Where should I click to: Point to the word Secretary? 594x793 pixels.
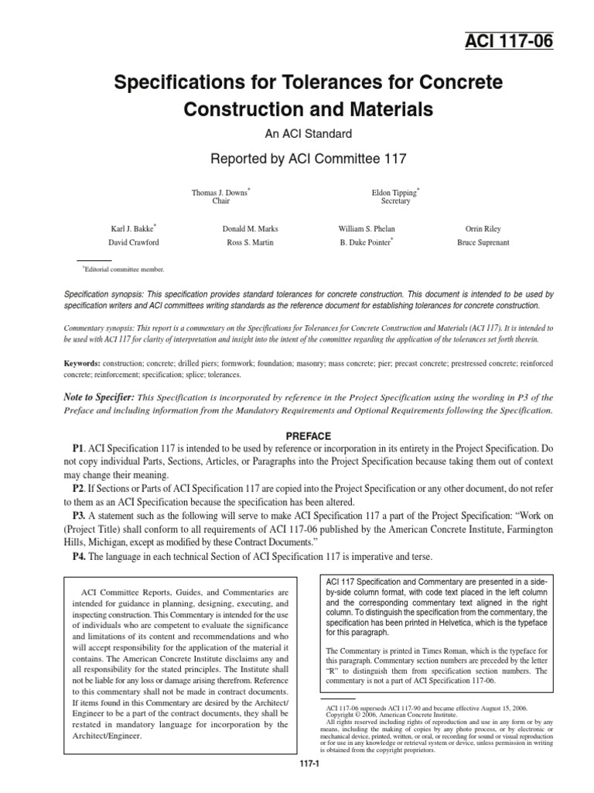point(395,201)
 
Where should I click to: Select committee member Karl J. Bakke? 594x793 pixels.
point(134,229)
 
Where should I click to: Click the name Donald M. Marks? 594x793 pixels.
point(250,230)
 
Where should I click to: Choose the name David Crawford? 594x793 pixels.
point(132,242)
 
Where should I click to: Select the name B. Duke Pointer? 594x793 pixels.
point(366,242)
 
